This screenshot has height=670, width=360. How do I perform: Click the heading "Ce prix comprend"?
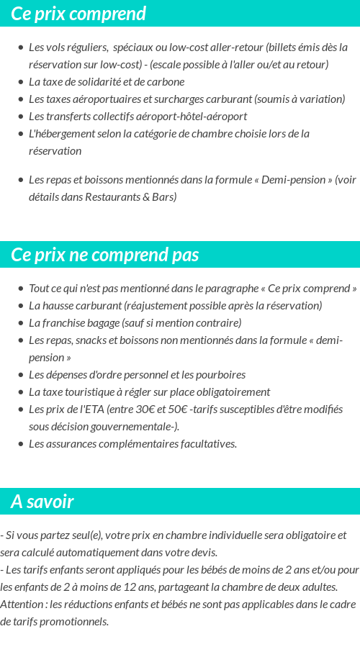tap(78, 14)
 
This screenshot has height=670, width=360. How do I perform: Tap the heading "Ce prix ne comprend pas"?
tap(105, 255)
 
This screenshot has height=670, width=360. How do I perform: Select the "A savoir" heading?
tap(42, 502)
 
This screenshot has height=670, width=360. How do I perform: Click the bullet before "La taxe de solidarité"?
tap(20, 82)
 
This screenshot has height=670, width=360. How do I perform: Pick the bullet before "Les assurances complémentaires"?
tap(20, 444)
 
